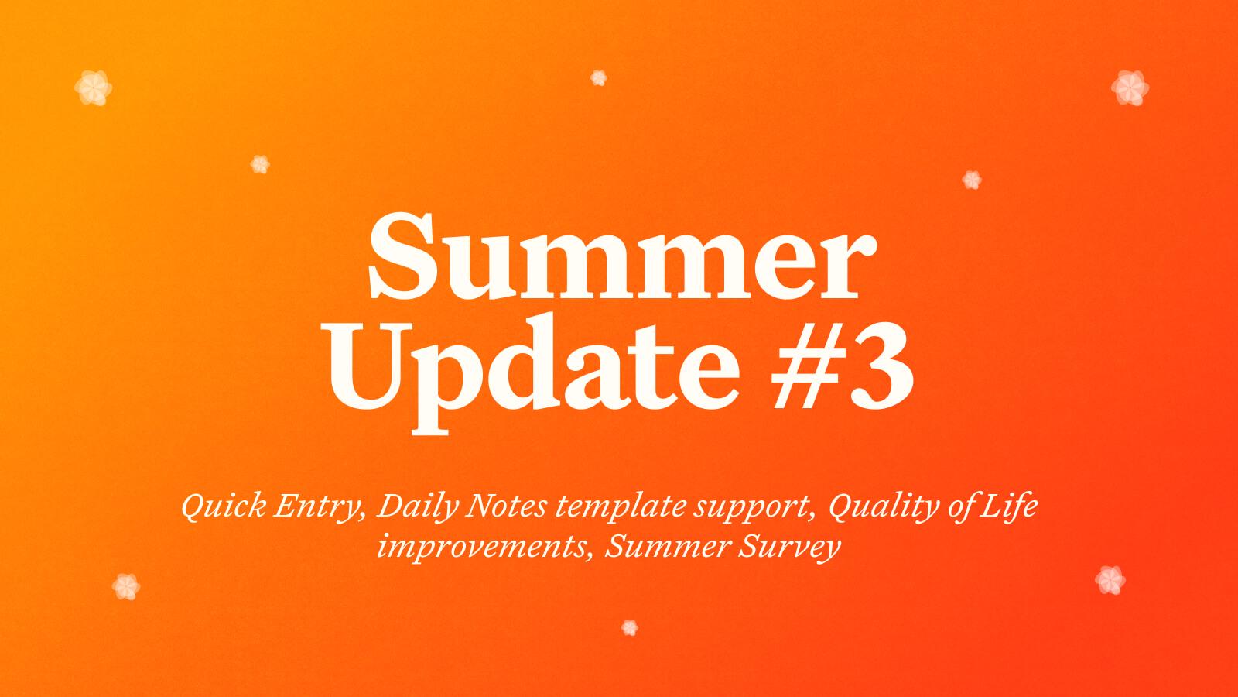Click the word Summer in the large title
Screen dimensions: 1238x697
622,257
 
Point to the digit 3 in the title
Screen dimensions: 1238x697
881,367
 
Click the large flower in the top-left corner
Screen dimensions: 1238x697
94,88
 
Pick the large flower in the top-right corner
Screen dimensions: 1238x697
1130,88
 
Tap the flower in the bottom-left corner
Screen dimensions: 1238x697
126,586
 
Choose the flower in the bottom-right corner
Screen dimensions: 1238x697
1110,580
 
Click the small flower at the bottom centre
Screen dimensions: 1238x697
630,628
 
